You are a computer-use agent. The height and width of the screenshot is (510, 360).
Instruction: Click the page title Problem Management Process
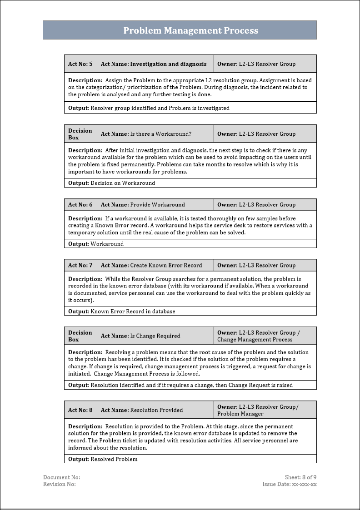[190, 30]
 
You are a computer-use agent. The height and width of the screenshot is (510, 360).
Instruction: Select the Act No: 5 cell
[80, 64]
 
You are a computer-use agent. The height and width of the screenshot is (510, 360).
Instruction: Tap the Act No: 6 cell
[80, 205]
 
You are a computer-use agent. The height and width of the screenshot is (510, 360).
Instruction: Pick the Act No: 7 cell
[80, 265]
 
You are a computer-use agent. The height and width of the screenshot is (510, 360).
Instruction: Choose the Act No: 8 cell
[80, 410]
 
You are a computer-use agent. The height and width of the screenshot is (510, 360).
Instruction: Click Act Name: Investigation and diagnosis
[154, 64]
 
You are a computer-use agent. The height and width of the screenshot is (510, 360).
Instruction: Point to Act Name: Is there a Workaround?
[146, 134]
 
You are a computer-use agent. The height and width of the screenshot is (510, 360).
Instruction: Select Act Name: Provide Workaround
[143, 205]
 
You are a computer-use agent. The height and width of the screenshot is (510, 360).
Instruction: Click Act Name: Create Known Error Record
[151, 265]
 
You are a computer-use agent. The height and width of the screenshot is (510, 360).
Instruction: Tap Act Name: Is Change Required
[140, 336]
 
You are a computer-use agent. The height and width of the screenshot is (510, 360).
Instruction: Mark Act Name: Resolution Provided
[142, 410]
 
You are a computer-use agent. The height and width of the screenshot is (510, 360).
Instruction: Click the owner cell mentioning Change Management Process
[259, 336]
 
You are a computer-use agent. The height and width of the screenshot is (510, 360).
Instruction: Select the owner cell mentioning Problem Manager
[258, 410]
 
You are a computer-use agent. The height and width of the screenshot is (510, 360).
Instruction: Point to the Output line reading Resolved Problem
[103, 459]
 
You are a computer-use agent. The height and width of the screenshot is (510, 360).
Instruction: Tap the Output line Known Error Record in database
[122, 312]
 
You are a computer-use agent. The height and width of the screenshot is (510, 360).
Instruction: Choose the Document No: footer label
[61, 477]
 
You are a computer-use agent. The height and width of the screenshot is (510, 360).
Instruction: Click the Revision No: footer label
[60, 484]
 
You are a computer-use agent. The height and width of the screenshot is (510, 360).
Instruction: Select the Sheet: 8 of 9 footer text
[300, 477]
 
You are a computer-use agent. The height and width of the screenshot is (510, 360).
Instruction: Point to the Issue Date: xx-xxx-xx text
[290, 484]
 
